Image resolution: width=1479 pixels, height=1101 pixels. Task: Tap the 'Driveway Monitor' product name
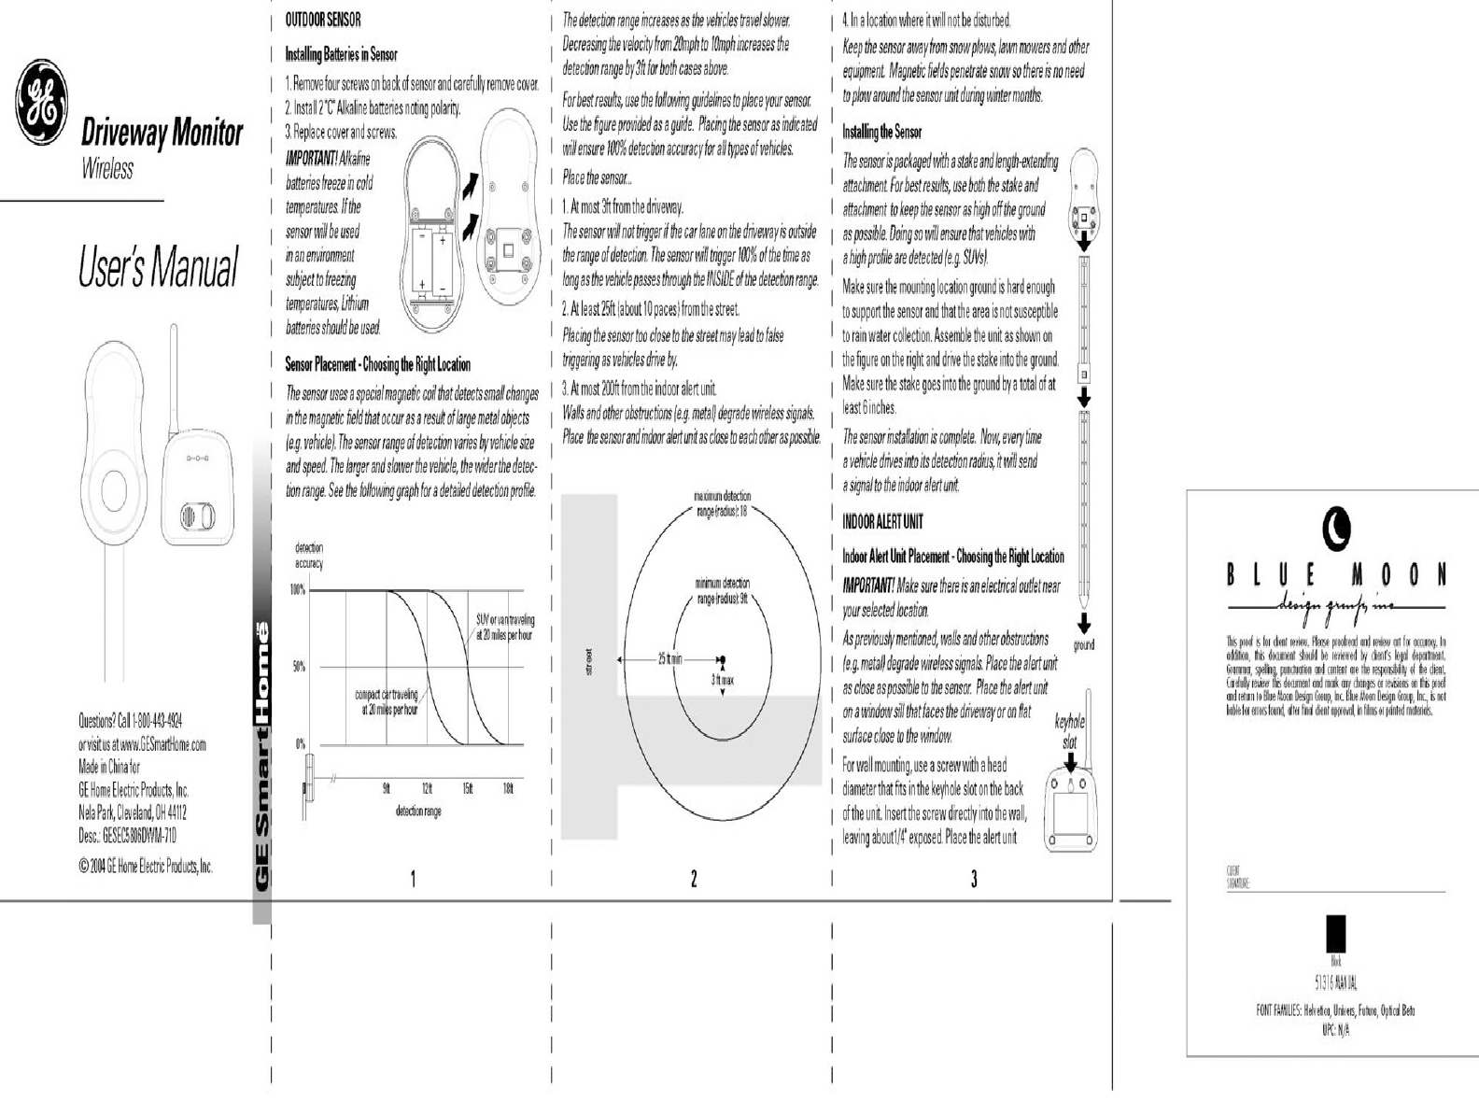(162, 134)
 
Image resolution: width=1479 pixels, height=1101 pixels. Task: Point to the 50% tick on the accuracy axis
(298, 667)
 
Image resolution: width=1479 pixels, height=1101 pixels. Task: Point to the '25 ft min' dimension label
(670, 659)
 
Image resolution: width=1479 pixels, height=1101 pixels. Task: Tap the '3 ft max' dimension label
(722, 681)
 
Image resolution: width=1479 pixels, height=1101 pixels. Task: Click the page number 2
(694, 879)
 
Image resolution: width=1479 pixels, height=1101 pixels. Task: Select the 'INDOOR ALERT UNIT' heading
(882, 521)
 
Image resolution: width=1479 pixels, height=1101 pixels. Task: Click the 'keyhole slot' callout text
(1069, 732)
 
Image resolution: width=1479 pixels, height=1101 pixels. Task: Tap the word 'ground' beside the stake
(1083, 645)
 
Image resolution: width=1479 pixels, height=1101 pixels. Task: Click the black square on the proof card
(1336, 934)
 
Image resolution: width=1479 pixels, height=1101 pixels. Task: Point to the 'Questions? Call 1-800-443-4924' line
(130, 720)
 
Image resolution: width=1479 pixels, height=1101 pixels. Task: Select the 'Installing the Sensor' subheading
(881, 132)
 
